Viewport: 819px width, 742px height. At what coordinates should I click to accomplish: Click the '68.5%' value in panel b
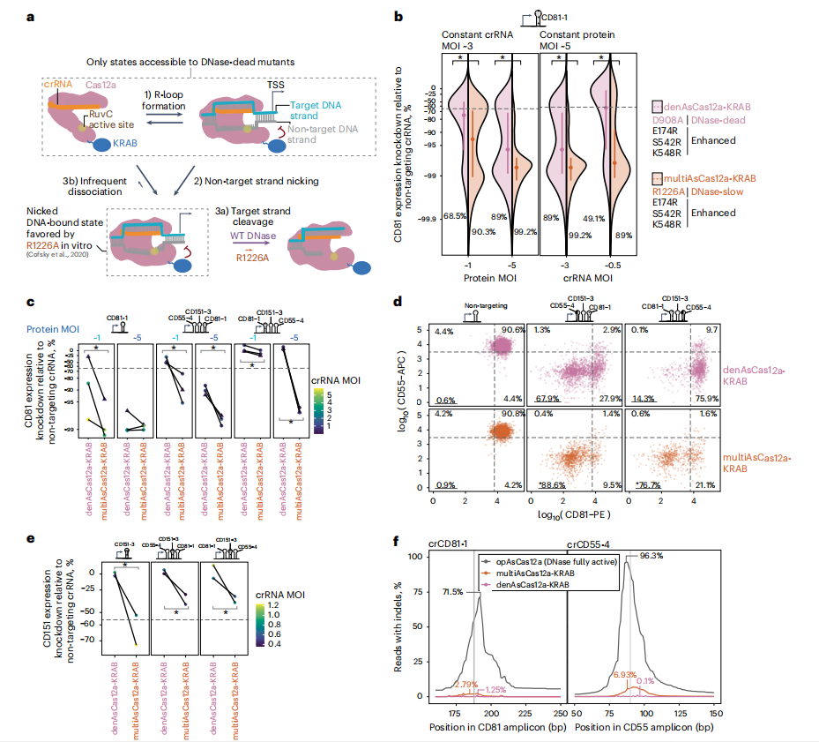tap(455, 215)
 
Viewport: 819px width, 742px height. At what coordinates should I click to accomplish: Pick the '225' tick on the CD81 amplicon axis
tap(525, 712)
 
